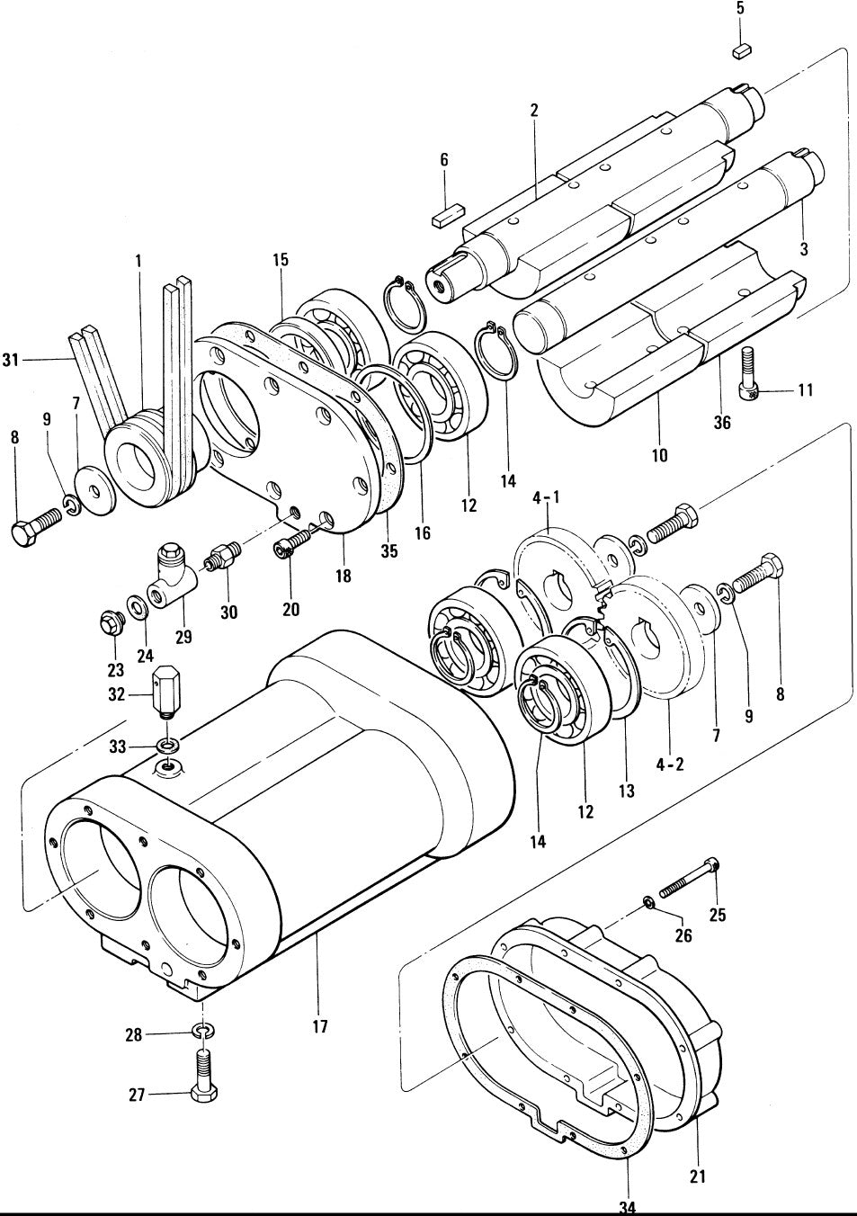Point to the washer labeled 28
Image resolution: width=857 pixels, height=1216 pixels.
(x=204, y=1031)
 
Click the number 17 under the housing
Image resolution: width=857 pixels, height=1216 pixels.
(x=321, y=1026)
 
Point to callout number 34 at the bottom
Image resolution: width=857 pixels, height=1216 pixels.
(x=628, y=1206)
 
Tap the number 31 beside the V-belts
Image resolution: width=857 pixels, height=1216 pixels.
(x=11, y=361)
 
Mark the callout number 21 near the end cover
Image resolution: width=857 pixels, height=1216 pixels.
(x=698, y=1176)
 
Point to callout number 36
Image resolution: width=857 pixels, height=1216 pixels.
(x=722, y=422)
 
